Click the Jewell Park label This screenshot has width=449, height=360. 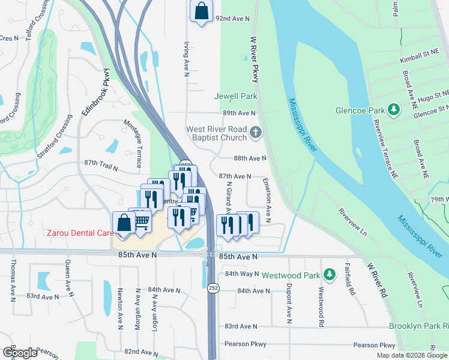tap(236, 96)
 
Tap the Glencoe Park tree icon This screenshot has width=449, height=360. tap(394, 110)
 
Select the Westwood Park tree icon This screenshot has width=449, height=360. tap(329, 275)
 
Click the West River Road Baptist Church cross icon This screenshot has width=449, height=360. tap(256, 133)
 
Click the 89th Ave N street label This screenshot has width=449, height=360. tap(239, 113)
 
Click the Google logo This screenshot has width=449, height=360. tap(20, 353)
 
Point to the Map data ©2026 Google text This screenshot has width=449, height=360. tap(411, 355)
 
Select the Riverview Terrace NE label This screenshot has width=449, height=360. tap(384, 145)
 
